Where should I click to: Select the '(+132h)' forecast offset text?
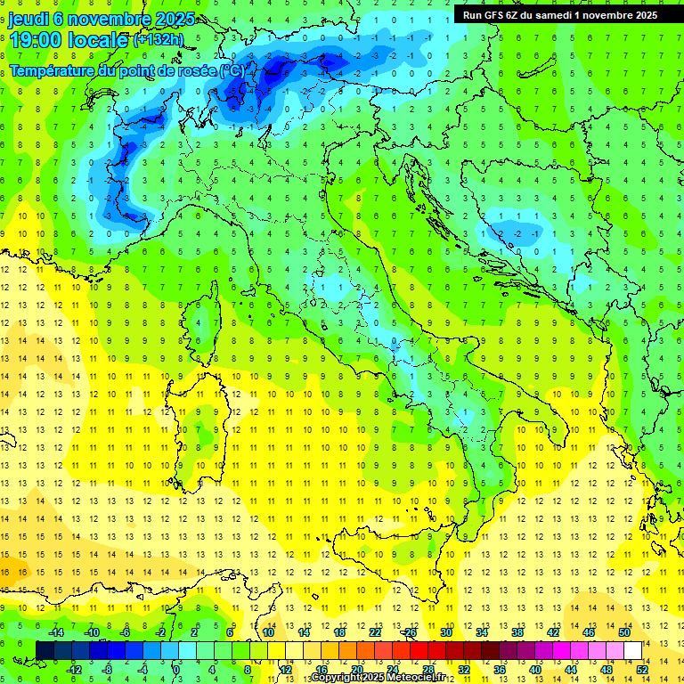coord(159,40)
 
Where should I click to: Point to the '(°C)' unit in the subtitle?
coord(232,69)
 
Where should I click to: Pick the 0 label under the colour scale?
coord(176,669)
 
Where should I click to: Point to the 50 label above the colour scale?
coord(623,632)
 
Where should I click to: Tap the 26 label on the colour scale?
coord(410,632)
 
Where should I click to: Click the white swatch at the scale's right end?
coord(632,650)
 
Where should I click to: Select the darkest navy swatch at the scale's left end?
coord(45,650)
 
